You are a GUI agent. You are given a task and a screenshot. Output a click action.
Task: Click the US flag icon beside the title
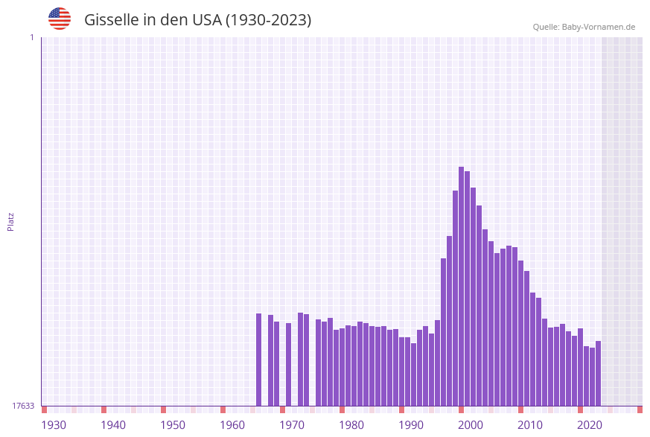coord(60,19)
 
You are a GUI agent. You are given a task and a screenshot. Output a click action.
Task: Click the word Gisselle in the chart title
coord(110,20)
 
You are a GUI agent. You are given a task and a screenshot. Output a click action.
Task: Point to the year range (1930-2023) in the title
coord(268,20)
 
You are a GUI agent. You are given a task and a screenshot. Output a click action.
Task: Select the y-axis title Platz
coord(11,221)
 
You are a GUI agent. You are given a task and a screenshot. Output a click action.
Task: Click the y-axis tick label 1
coord(31,37)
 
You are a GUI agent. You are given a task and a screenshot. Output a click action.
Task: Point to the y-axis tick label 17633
coord(23,406)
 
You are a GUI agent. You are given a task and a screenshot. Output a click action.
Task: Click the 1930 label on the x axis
coord(54,425)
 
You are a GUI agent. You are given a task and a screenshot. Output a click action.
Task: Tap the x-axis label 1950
coord(173,425)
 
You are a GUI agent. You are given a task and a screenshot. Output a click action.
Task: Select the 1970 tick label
coord(292,425)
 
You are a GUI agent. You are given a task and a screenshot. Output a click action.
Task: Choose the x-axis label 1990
coord(411,425)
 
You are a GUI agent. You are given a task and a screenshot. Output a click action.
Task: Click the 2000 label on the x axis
coord(471,425)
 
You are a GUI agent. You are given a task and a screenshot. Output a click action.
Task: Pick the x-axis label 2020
coord(590,425)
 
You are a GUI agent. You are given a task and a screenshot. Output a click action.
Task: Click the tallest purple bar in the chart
coord(461,286)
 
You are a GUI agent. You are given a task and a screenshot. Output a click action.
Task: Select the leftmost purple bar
coord(259,360)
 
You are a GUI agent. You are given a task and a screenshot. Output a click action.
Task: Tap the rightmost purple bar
coord(598,373)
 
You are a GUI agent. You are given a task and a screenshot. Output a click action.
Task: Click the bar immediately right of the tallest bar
coord(467,288)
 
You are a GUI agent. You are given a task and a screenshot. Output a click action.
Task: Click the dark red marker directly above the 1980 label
coord(342,409)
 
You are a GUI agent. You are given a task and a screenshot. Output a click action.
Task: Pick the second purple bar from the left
coord(271,360)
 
